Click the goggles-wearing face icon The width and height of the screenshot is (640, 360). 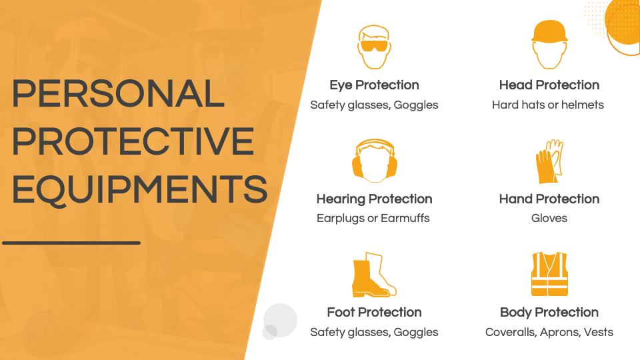coord(374,47)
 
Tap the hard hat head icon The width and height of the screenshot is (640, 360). coord(549,44)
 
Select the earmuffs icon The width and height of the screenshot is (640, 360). coord(374,161)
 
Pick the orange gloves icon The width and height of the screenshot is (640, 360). coord(549,161)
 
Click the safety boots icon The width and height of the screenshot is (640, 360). coord(373,275)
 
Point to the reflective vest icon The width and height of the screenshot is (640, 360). coord(549,274)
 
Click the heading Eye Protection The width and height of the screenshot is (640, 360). coord(374,85)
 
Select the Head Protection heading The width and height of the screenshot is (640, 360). coord(549,85)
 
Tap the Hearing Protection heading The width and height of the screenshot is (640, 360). coord(374,199)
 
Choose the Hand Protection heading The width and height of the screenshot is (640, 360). coord(549,199)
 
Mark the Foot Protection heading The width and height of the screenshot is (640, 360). coord(374,313)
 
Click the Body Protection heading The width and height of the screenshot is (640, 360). coord(549,313)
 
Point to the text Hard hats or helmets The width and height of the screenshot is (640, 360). coord(548,105)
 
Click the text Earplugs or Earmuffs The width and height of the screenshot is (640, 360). coord(373,219)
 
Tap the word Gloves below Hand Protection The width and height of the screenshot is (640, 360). coord(549,219)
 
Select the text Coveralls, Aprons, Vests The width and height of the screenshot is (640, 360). coord(549,332)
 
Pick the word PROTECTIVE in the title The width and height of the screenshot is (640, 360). coord(133,141)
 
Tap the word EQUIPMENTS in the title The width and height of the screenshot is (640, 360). coord(139,189)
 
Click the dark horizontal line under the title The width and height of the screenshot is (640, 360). coord(71,243)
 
